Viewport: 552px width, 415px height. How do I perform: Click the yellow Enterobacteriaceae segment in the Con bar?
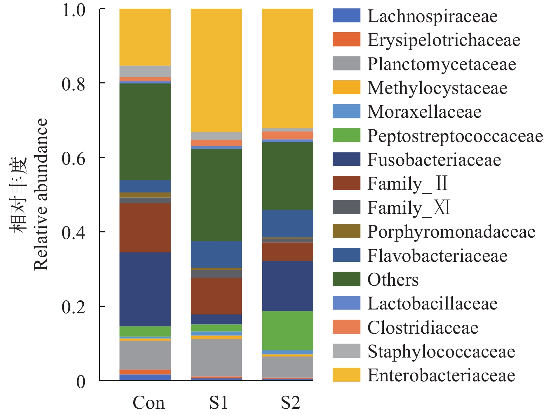(x=145, y=37)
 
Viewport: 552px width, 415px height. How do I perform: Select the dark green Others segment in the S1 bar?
(x=216, y=195)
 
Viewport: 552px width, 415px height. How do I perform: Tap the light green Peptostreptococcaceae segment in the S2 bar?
(x=287, y=330)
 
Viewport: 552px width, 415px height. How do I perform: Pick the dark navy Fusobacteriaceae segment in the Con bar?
(x=145, y=289)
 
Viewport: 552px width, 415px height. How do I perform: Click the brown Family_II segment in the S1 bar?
(x=216, y=296)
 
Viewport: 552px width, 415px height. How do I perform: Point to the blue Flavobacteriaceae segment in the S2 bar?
(x=287, y=224)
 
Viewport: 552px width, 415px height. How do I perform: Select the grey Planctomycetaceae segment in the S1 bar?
(x=216, y=358)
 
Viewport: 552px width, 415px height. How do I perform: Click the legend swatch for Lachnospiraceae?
(x=346, y=16)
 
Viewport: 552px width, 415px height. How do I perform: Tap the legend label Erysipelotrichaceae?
(x=444, y=40)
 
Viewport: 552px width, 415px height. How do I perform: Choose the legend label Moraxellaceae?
(x=424, y=112)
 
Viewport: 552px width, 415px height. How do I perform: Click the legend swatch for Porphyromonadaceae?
(x=346, y=231)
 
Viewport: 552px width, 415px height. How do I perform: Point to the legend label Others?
(x=393, y=280)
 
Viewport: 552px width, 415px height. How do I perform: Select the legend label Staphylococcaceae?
(x=441, y=352)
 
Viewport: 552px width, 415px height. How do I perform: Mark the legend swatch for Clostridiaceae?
(x=346, y=327)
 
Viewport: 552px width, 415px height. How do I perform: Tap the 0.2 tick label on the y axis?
(x=74, y=307)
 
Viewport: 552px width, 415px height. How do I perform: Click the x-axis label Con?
(x=148, y=403)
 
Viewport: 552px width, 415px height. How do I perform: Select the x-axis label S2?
(x=291, y=403)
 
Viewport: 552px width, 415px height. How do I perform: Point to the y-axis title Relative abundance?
(x=41, y=195)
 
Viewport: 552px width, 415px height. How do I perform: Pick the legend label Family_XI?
(x=409, y=207)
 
